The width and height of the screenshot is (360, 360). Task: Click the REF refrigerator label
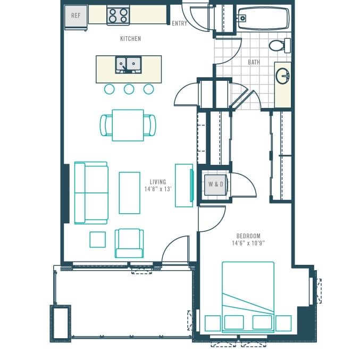pyautogui.click(x=76, y=15)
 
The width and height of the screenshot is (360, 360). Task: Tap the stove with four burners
pyautogui.click(x=118, y=15)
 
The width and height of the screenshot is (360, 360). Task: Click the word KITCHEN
pyautogui.click(x=130, y=39)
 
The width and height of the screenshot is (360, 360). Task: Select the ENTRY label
pyautogui.click(x=179, y=23)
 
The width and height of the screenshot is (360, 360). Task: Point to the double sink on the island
pyautogui.click(x=128, y=65)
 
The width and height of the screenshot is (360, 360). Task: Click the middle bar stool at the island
pyautogui.click(x=129, y=89)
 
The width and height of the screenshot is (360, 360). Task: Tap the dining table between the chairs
pyautogui.click(x=128, y=125)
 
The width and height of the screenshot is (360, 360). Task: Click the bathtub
pyautogui.click(x=263, y=19)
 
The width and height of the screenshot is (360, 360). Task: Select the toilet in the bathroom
pyautogui.click(x=280, y=45)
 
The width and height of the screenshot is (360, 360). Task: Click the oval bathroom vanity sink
pyautogui.click(x=282, y=76)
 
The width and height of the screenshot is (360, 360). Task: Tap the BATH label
pyautogui.click(x=254, y=62)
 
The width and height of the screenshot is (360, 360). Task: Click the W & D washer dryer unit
pyautogui.click(x=216, y=185)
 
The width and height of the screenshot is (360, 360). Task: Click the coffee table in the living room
pyautogui.click(x=130, y=193)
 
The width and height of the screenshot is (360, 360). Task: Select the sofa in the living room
pyautogui.click(x=91, y=193)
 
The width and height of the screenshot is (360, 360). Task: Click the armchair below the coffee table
pyautogui.click(x=129, y=244)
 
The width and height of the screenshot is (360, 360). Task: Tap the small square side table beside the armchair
pyautogui.click(x=97, y=240)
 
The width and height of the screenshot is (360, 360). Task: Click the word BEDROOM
pyautogui.click(x=248, y=236)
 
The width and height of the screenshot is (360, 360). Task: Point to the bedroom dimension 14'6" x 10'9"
pyautogui.click(x=248, y=243)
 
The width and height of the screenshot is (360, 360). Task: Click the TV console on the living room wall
pyautogui.click(x=184, y=186)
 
